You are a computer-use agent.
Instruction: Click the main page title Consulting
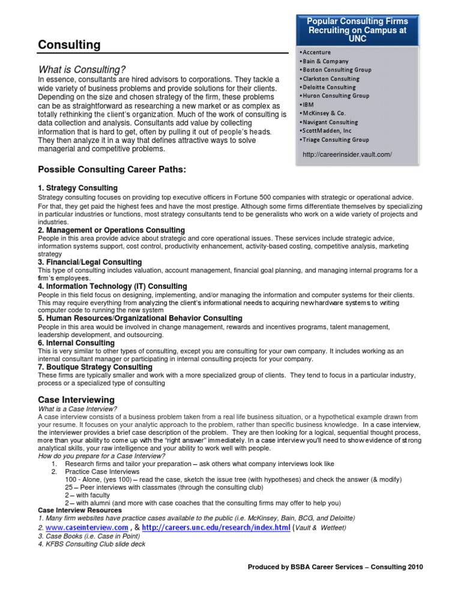tap(70, 45)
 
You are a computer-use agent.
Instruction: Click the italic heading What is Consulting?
tap(82, 70)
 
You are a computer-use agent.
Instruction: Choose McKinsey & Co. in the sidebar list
tap(325, 114)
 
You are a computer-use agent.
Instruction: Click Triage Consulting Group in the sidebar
tap(336, 139)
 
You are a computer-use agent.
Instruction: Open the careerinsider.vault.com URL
tap(348, 154)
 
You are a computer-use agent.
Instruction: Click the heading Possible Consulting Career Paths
tap(112, 170)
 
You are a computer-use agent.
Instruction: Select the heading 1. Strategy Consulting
tap(78, 188)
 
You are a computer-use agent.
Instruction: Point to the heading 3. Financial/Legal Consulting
tap(90, 262)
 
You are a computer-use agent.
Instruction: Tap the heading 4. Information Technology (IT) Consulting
tap(113, 286)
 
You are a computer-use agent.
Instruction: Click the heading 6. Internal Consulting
tap(76, 343)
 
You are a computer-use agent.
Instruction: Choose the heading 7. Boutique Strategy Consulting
tap(95, 367)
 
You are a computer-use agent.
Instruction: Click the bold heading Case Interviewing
tap(76, 399)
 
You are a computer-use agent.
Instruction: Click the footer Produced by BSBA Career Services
tap(336, 566)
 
